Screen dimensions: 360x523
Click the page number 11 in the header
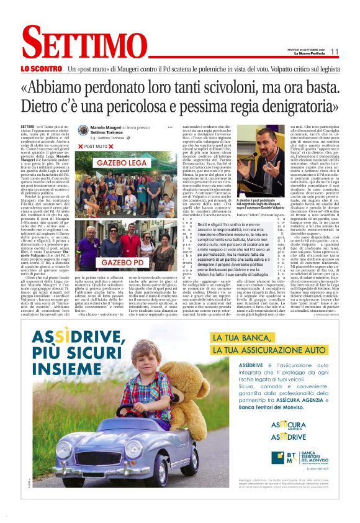pyautogui.click(x=335, y=52)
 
